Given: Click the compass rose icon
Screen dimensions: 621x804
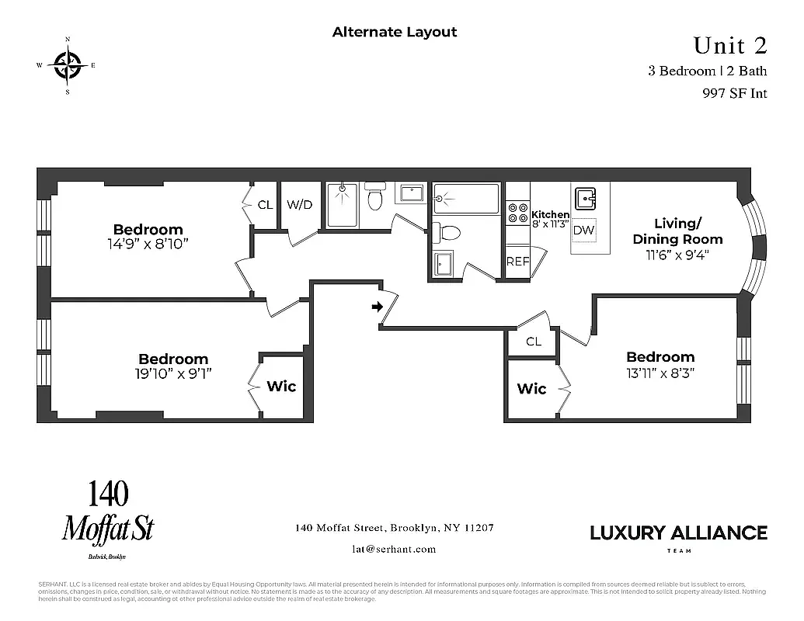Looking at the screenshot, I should (x=68, y=64).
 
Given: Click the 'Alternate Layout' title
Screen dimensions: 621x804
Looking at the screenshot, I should (x=395, y=32).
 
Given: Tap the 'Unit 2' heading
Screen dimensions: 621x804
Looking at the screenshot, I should (x=729, y=46).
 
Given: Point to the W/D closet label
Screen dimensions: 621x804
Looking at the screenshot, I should (x=300, y=206).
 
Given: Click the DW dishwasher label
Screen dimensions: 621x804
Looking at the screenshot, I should (x=583, y=231).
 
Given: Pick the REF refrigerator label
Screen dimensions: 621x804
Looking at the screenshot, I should (x=517, y=262).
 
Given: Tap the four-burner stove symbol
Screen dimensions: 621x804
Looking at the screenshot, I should (x=517, y=213).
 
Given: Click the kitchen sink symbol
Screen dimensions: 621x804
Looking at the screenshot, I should (x=586, y=196).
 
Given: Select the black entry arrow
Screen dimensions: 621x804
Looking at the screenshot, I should (x=378, y=307).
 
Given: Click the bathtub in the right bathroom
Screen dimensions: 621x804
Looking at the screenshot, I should (x=465, y=199).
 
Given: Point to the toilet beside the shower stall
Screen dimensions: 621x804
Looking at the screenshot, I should (x=375, y=197).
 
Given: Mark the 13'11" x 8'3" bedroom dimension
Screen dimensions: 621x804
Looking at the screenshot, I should (x=660, y=372).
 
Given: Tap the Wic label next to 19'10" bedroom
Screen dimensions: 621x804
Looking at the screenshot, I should (x=281, y=387).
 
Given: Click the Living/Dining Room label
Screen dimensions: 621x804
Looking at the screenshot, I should (x=677, y=231).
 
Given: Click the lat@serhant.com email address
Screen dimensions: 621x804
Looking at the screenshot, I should (x=394, y=549).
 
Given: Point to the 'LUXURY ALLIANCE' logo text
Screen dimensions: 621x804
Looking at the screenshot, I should (x=678, y=533).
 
